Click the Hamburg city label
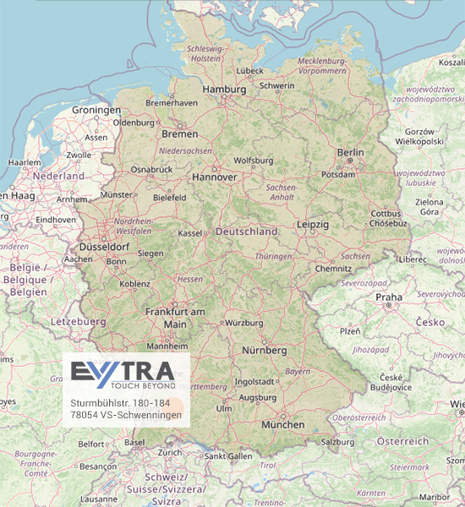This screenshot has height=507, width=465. coord(224,89)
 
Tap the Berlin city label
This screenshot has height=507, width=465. coord(350,153)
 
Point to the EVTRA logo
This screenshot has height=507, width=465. coord(123,371)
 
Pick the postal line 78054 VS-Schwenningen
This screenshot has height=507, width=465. coord(126,414)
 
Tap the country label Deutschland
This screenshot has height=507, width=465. coord(246,231)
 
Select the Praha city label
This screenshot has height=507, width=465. coord(389,297)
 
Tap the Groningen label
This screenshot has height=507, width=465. coord(96,111)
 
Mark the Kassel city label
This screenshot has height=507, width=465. coord(191,233)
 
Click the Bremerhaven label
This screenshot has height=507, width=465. coord(172,102)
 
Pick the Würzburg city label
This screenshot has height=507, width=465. coord(244,323)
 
